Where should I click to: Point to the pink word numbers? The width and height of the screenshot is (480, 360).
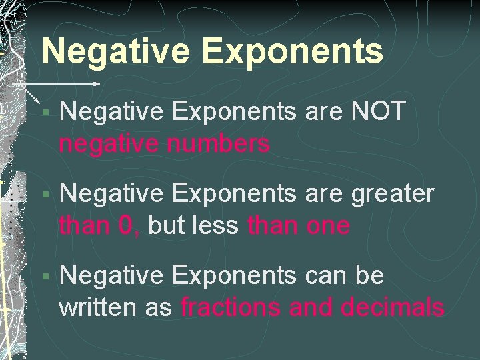(x=222, y=143)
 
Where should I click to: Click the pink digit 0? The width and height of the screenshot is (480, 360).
(x=127, y=226)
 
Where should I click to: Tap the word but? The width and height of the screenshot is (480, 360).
(x=165, y=226)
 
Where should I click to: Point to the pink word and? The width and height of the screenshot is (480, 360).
(x=314, y=307)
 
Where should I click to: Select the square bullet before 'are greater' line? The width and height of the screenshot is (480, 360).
(x=44, y=195)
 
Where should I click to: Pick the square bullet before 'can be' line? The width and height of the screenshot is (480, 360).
(x=44, y=276)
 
